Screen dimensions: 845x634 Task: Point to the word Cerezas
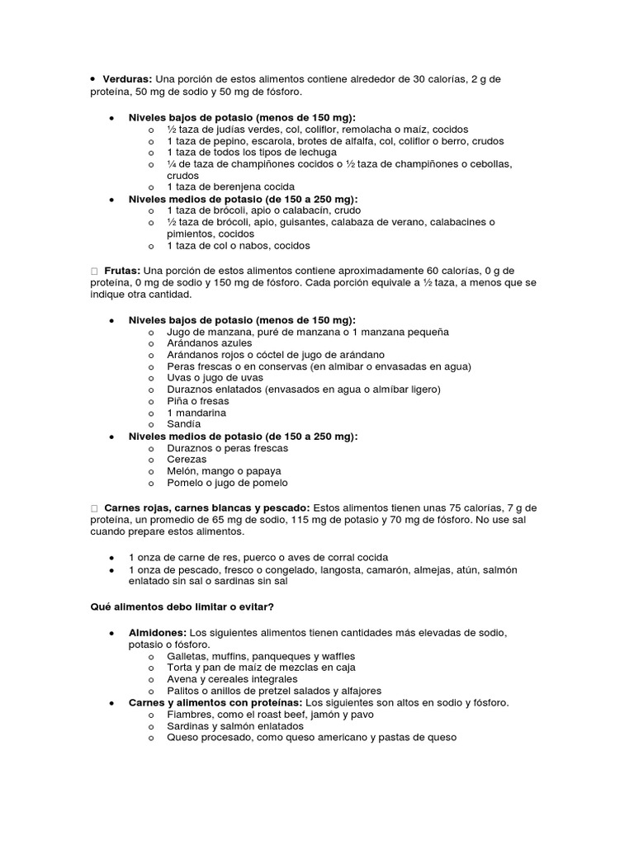pos(187,460)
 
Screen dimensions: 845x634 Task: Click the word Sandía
pos(183,424)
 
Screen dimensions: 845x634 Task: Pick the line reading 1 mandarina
pos(196,413)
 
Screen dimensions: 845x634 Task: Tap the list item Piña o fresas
pos(197,401)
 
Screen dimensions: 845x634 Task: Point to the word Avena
pos(182,679)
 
